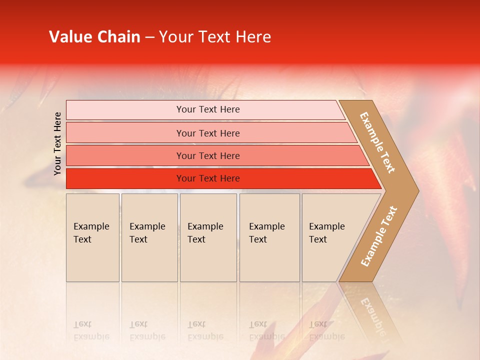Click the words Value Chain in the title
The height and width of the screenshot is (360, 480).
pyautogui.click(x=94, y=37)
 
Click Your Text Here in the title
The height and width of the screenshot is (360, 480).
pyautogui.click(x=214, y=37)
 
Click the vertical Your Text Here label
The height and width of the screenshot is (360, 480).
pyautogui.click(x=57, y=143)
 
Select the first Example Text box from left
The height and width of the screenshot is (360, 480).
pyautogui.click(x=92, y=237)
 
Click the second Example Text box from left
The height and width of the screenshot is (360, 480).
pyautogui.click(x=149, y=237)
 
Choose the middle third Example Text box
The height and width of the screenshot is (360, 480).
pyautogui.click(x=208, y=237)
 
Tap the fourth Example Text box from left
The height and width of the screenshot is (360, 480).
pyautogui.click(x=269, y=237)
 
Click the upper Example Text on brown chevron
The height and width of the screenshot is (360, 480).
pyautogui.click(x=377, y=142)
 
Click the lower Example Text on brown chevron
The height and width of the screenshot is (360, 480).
pyautogui.click(x=379, y=236)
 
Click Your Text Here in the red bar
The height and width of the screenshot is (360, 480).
pyautogui.click(x=208, y=178)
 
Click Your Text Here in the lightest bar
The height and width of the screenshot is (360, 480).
pyautogui.click(x=208, y=109)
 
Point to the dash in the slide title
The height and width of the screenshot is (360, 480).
pyautogui.click(x=149, y=37)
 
